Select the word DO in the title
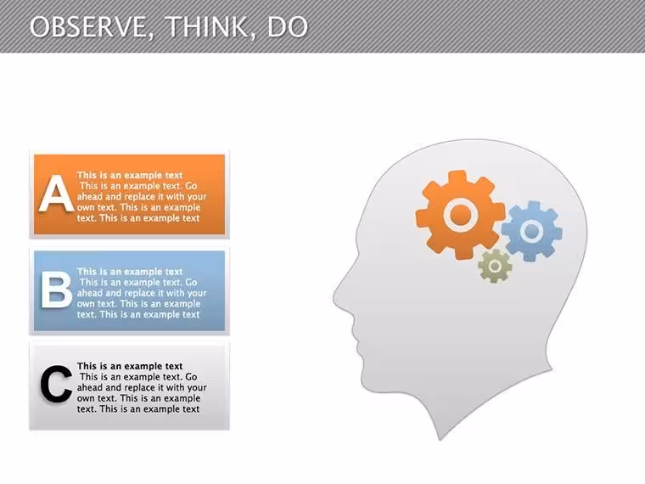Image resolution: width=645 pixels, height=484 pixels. coord(288,27)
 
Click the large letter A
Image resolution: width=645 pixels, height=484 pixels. coord(56,194)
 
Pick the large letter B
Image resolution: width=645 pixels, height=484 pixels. coord(57,290)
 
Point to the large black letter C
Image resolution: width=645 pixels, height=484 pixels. coord(56,384)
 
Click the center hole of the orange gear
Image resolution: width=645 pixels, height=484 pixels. coord(461,215)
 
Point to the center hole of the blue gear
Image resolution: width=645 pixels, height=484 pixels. coord(531,231)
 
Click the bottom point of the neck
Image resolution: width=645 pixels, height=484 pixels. coord(440,439)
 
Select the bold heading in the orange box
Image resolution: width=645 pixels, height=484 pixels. coord(130,175)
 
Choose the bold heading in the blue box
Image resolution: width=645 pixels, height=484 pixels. coord(130,272)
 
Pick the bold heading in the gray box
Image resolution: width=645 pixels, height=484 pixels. coord(130,366)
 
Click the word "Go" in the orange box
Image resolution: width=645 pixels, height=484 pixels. coord(191,186)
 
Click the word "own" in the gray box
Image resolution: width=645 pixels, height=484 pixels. coord(86,399)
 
